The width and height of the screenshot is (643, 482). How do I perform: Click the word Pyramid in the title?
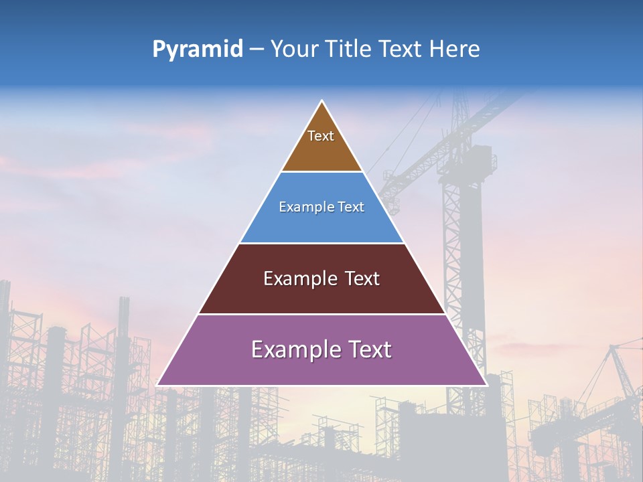click(197, 50)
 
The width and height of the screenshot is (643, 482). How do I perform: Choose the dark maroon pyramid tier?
click(321, 295)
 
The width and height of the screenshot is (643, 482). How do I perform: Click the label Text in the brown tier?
click(321, 137)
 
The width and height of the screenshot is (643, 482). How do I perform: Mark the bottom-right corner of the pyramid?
click(486, 385)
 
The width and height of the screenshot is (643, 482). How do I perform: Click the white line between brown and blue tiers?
click(321, 172)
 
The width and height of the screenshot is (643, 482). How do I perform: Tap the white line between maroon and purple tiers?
click(321, 314)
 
